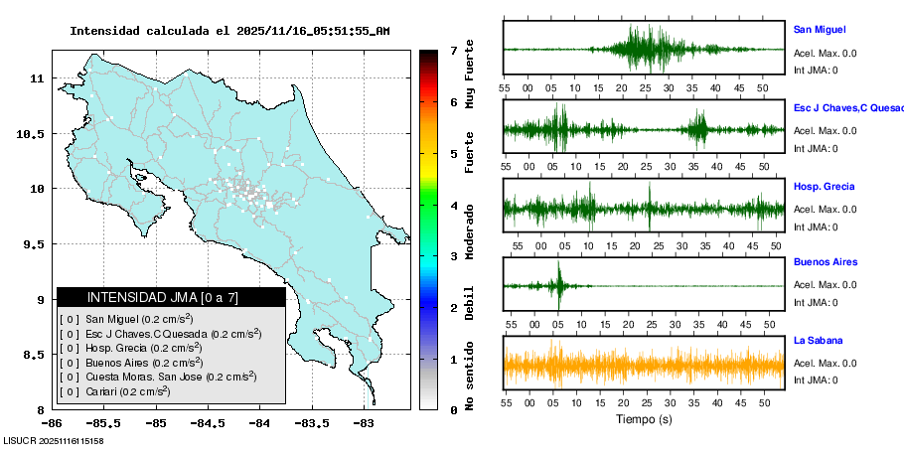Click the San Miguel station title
pos(819,30)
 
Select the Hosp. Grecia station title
pos(824,186)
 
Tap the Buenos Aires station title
pos(825,262)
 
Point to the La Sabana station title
pos(819,341)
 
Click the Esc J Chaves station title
pos(844,106)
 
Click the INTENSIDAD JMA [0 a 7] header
pos(171,297)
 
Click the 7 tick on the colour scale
pos(453,50)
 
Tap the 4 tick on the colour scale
pos(453,206)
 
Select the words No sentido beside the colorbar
pos(470,377)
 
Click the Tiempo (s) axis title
pos(645,420)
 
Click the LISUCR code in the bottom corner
pos(54,440)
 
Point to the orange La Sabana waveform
pos(644,364)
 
